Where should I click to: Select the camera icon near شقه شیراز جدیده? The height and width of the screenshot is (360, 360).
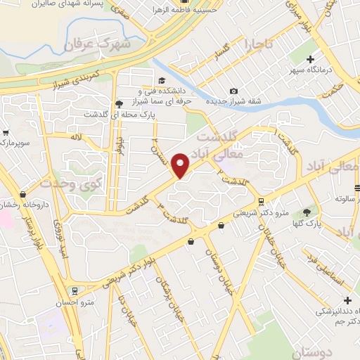(233, 91)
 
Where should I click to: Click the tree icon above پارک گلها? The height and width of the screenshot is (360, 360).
(306, 212)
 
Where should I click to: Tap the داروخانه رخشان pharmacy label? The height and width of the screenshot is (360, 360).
(25, 205)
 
